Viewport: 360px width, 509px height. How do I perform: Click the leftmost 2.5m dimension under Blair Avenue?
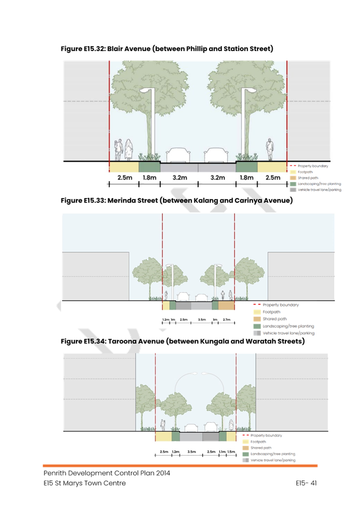click(125, 178)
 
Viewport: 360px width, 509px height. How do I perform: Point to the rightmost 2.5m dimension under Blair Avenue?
click(272, 178)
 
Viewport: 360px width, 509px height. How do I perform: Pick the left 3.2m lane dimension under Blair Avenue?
click(179, 178)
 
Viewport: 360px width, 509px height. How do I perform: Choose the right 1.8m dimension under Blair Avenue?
click(246, 178)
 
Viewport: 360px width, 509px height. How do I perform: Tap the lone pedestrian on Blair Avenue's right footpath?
click(269, 149)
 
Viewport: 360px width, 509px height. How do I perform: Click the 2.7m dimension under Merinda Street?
click(227, 319)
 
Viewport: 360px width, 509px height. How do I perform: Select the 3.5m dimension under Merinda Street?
click(202, 319)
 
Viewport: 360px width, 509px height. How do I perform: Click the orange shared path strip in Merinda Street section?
click(227, 305)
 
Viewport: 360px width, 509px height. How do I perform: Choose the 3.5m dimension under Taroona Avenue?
click(192, 451)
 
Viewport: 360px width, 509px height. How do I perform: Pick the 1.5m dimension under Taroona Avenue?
click(231, 451)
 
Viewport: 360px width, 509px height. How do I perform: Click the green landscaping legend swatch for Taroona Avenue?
click(246, 454)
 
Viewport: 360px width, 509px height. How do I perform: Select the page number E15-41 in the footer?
click(306, 483)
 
